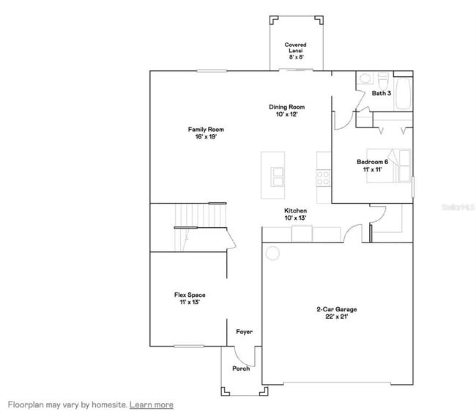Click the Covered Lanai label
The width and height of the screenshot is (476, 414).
[x=295, y=49]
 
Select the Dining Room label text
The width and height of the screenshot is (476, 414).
[x=286, y=111]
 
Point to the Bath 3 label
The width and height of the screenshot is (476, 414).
[x=381, y=94]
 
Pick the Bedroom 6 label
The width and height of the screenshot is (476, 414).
[x=372, y=166]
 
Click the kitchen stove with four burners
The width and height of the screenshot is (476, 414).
[x=323, y=177]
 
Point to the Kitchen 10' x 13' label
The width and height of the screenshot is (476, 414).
[x=295, y=215]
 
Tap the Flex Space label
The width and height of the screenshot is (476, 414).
[x=189, y=298]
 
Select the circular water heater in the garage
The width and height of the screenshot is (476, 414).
[x=272, y=254]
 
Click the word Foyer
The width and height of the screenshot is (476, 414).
[x=244, y=332]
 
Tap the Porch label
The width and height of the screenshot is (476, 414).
[x=241, y=369]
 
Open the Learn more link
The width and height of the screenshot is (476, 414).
[x=152, y=404]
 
